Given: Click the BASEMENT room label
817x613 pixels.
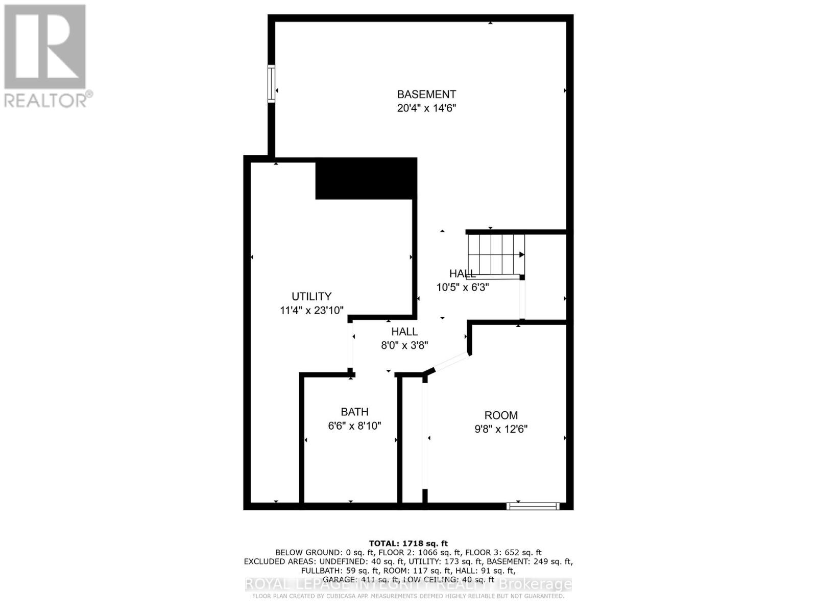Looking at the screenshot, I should pos(426,95).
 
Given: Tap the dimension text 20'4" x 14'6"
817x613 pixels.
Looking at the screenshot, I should pos(426,108).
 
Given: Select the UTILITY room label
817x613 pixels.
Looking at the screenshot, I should pos(311,296).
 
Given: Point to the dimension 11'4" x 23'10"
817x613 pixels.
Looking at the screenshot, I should pos(311,310).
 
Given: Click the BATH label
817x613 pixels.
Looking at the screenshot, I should pos(354,412).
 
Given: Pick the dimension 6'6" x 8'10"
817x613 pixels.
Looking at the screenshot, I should pos(354,426).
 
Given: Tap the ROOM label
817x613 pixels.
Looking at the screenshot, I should pos(501,415).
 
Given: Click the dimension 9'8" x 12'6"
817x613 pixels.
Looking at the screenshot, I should pos(501,429).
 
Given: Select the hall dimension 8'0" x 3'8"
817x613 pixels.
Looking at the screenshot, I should pos(404,345).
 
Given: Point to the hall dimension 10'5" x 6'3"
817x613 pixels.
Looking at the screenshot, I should pos(463,287).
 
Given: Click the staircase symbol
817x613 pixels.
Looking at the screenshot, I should pos(496,254).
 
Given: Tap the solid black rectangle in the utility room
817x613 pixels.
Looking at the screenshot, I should pos(366,178).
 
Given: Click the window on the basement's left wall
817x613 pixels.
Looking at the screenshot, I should pos(271,84).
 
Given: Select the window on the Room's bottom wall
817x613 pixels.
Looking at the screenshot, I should pos(533,506).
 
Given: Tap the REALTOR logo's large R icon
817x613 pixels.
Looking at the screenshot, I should pos(45,46).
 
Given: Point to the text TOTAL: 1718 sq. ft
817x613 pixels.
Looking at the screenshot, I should pos(408,544).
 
